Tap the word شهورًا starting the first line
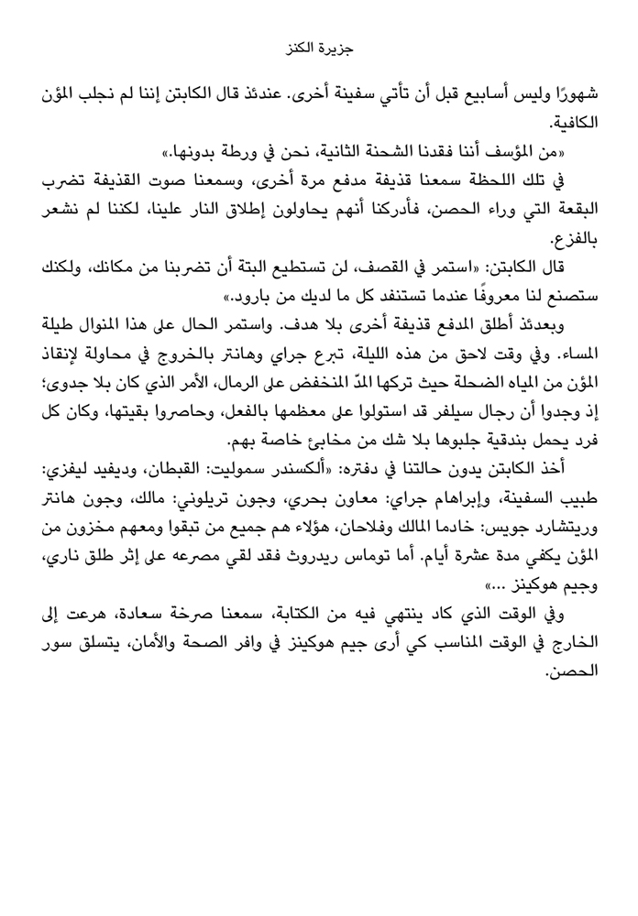573,93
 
